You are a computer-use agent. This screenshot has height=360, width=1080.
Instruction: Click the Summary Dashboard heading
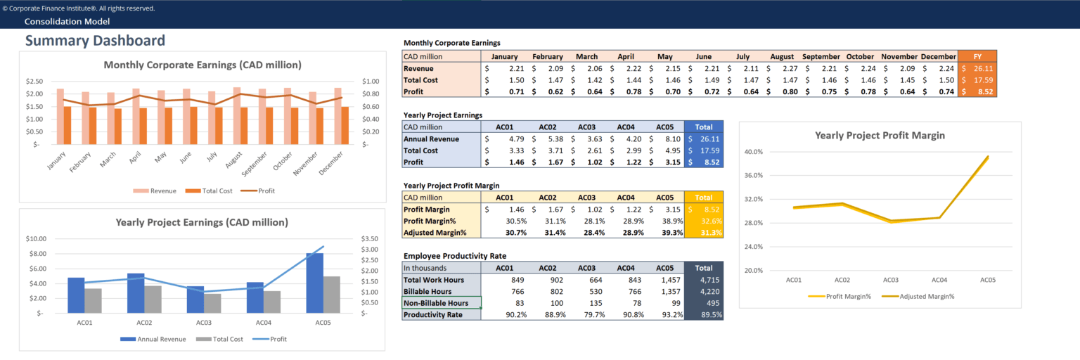95,41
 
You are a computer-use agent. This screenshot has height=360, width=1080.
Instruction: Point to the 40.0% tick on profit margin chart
753,151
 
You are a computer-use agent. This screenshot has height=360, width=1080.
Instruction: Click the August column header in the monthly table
782,56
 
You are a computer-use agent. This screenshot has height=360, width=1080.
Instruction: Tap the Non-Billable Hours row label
436,303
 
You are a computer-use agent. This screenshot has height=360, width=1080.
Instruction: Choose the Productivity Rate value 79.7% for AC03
589,314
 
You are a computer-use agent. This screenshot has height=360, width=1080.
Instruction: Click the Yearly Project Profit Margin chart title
880,135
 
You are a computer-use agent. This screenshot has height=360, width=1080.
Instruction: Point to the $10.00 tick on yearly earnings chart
36,238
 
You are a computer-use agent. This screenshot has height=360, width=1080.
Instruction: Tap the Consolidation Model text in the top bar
67,22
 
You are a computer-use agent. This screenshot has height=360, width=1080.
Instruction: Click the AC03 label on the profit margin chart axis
890,280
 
